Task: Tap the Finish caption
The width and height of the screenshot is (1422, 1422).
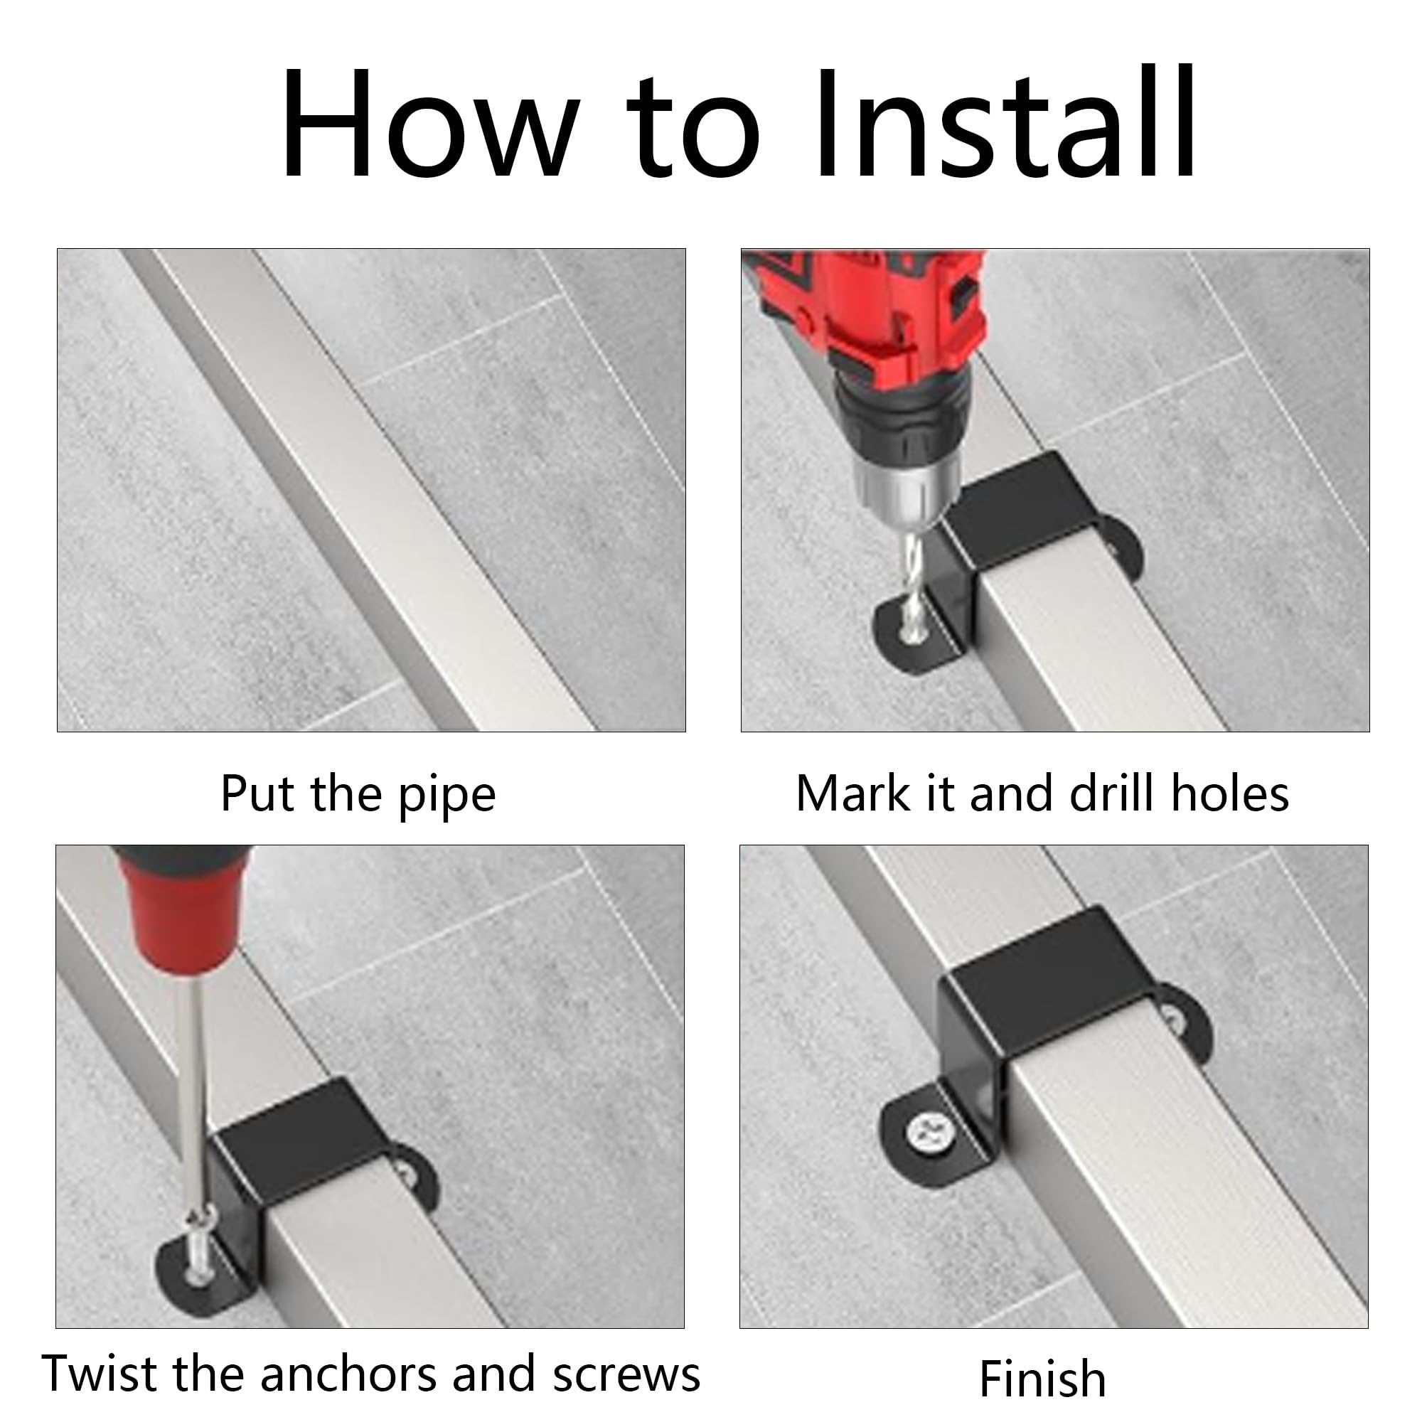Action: [1043, 1378]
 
